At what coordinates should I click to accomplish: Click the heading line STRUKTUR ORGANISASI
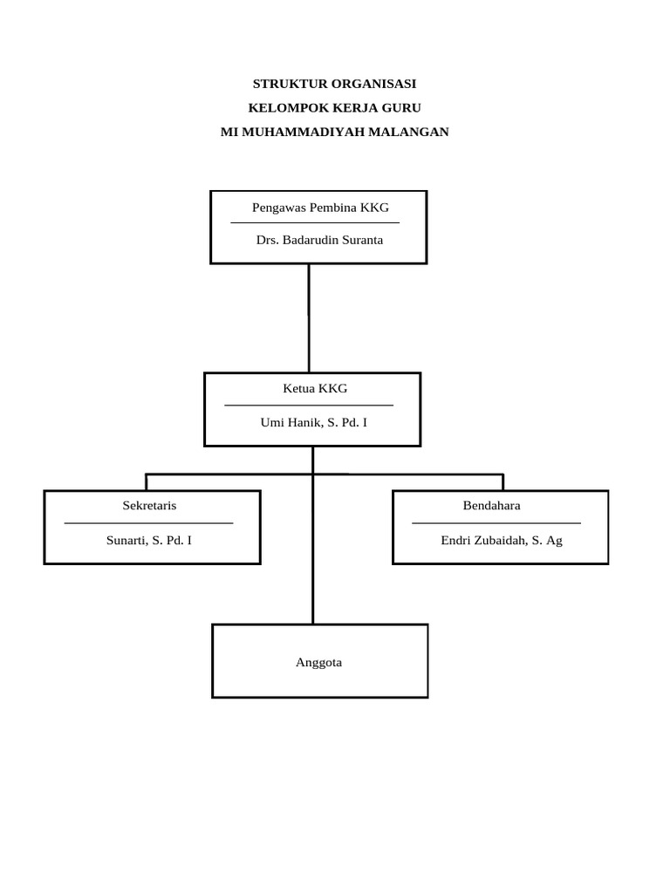[x=334, y=85]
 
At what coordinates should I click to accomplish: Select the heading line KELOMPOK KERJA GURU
[x=334, y=108]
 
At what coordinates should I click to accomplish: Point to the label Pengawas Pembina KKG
[x=320, y=208]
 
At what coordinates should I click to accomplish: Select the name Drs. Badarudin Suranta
[x=319, y=240]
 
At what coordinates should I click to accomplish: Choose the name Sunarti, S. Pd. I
[x=149, y=540]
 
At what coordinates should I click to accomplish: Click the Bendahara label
[x=491, y=506]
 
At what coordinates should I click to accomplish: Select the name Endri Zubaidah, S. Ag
[x=502, y=540]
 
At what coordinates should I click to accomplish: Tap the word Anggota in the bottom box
[x=319, y=663]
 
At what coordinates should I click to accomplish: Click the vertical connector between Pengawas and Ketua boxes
[x=309, y=318]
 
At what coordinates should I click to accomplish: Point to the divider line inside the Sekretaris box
[x=148, y=523]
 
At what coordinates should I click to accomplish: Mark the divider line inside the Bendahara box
[x=496, y=523]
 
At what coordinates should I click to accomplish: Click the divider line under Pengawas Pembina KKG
[x=315, y=223]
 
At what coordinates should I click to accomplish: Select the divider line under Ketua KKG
[x=309, y=406]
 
